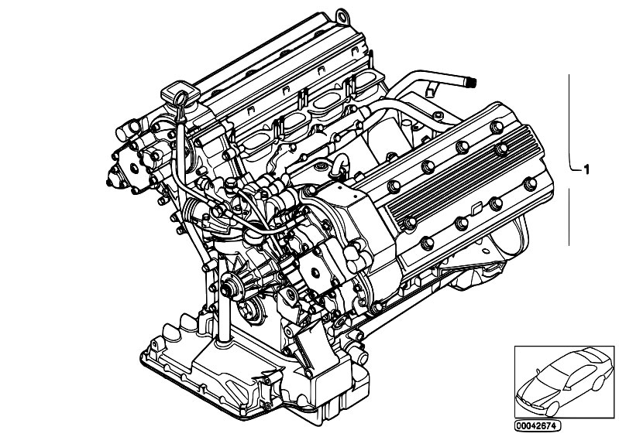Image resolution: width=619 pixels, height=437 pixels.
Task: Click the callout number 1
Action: tap(586, 169)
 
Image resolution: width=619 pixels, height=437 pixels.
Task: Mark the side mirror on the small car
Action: tap(538, 370)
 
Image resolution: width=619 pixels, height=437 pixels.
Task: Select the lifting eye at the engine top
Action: tap(341, 15)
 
